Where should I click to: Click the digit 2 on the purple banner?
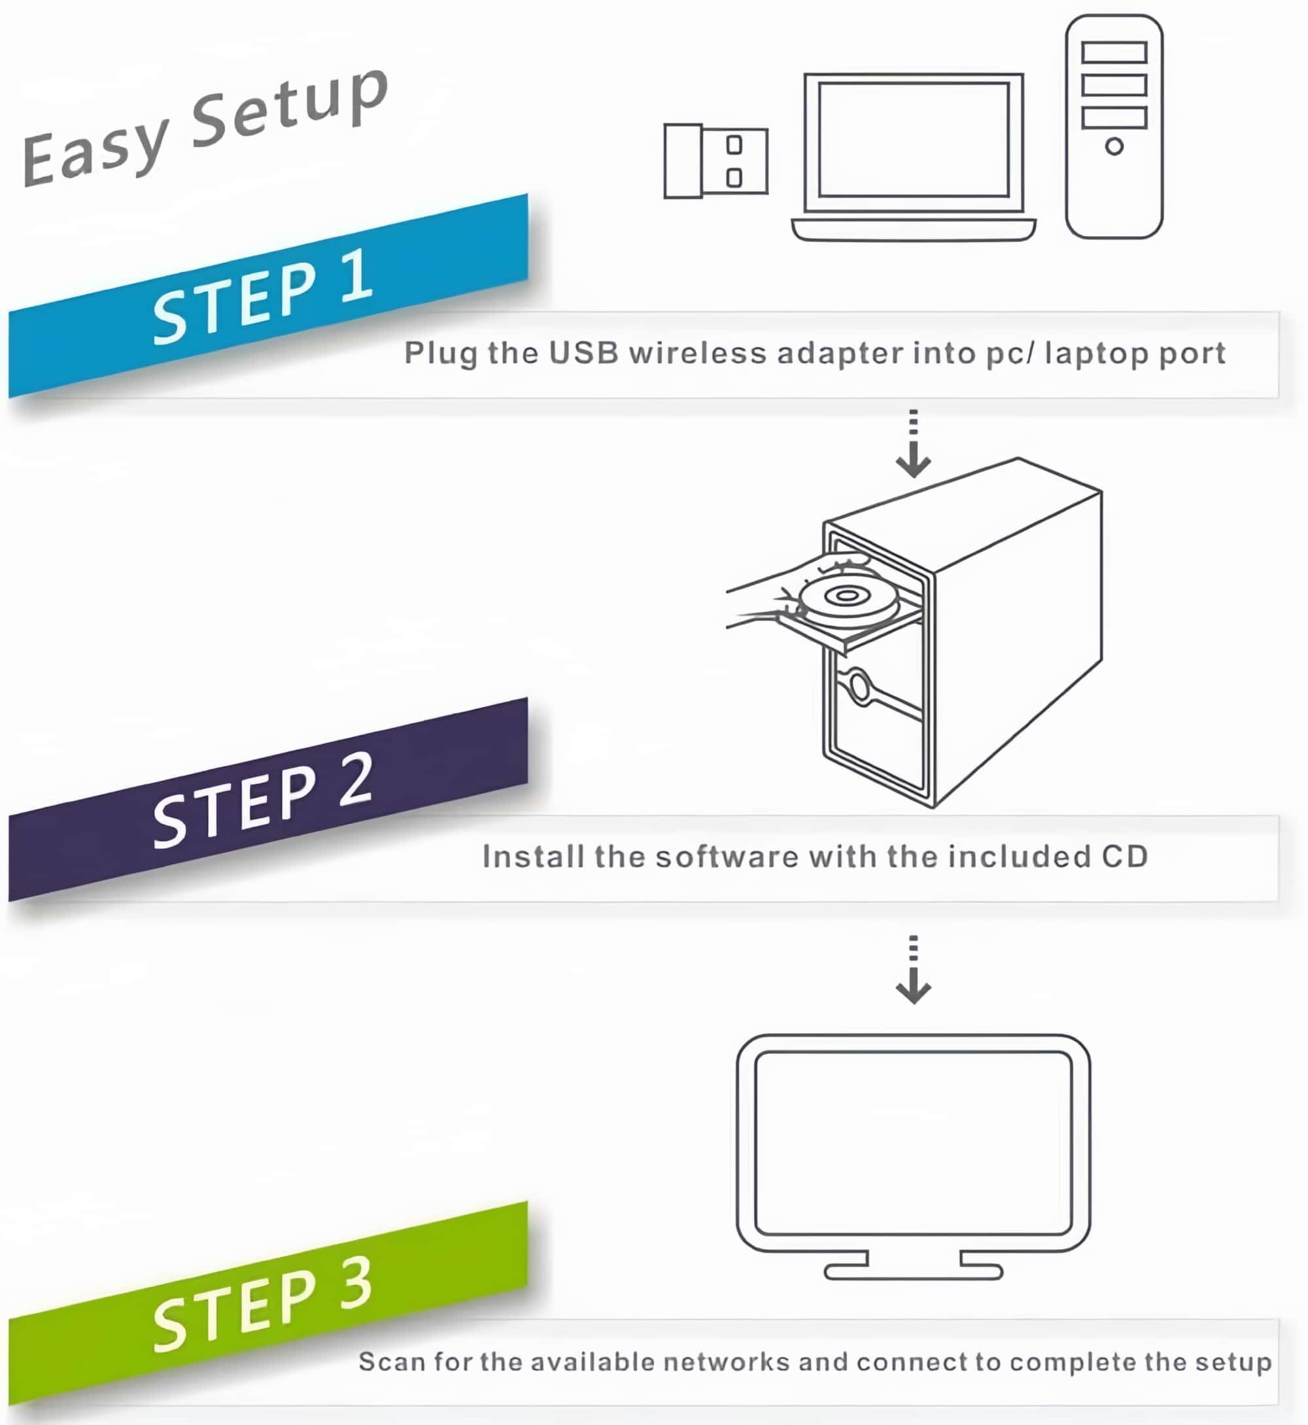(356, 780)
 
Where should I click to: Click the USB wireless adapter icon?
(715, 162)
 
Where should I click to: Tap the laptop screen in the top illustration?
(913, 139)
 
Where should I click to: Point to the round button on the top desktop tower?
(1114, 146)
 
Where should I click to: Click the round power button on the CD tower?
(859, 687)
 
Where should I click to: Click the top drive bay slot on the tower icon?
(1113, 52)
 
